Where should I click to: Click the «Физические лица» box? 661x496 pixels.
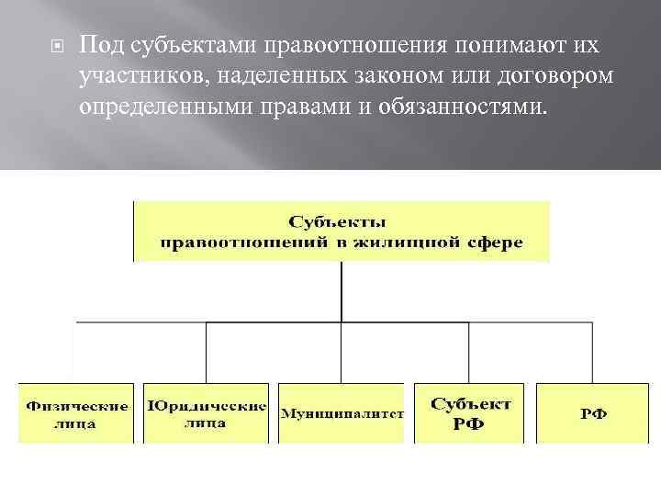pyautogui.click(x=76, y=413)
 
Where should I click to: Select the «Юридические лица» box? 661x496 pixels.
pyautogui.click(x=207, y=413)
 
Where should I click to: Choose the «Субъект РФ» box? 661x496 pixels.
pyautogui.click(x=470, y=413)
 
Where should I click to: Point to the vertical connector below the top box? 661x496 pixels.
pyautogui.click(x=342, y=292)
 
